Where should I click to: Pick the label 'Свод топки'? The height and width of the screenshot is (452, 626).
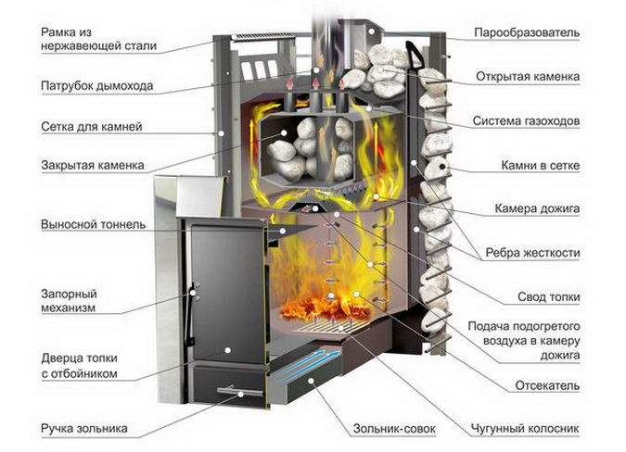tap(550, 296)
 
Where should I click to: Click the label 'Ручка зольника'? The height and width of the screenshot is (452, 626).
tap(83, 429)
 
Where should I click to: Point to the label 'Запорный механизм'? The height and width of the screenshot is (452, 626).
tap(70, 300)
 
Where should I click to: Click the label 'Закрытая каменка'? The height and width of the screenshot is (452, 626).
tap(92, 167)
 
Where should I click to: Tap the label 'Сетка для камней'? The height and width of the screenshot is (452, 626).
tap(91, 125)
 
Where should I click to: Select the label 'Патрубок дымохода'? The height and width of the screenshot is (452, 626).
tap(96, 86)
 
